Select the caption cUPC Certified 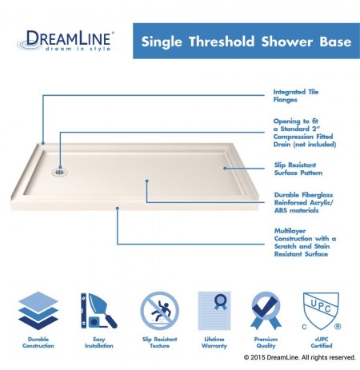322,343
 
